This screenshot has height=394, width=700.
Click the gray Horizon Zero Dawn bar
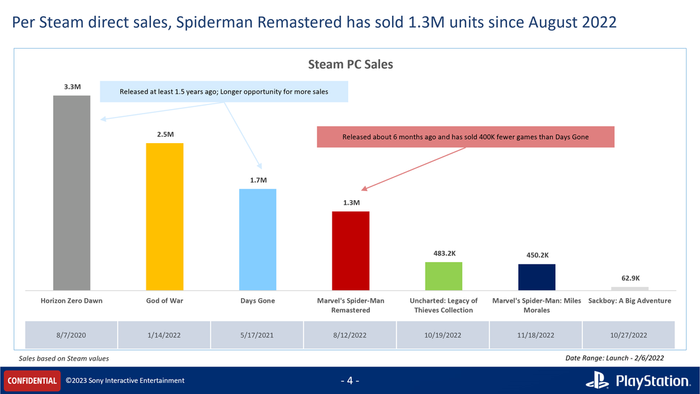click(72, 192)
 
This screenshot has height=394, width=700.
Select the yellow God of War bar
click(164, 216)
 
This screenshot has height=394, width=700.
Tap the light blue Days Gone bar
click(257, 239)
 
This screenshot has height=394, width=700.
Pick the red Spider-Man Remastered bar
click(351, 250)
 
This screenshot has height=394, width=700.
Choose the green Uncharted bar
click(444, 276)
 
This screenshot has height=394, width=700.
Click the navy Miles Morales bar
click(536, 276)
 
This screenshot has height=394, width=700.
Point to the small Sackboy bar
click(630, 288)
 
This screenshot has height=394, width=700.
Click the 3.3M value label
click(72, 87)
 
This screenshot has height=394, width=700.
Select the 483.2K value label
click(444, 253)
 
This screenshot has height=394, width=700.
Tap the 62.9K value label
click(630, 278)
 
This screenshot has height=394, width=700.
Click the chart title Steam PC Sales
click(351, 64)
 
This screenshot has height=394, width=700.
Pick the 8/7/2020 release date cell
click(72, 335)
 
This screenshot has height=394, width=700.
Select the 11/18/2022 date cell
click(536, 335)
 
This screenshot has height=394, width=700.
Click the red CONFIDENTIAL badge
click(32, 380)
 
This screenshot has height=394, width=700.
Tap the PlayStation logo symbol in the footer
click(597, 381)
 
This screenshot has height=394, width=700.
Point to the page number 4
click(350, 381)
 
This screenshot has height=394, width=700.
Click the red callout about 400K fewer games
click(466, 137)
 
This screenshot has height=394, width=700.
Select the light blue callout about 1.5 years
click(224, 92)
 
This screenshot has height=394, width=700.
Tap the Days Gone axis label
click(257, 301)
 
